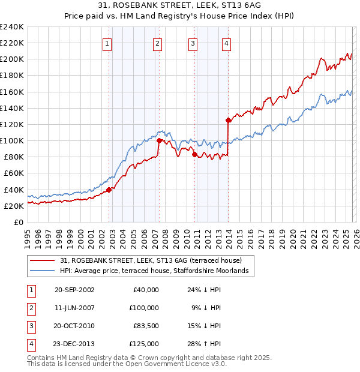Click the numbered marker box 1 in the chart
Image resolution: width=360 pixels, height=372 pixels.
(x=107, y=43)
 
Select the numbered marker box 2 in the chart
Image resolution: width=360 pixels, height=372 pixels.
(x=157, y=43)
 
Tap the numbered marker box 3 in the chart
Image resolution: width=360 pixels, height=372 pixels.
(x=193, y=43)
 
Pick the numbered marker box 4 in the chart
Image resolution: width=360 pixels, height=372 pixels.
(x=226, y=43)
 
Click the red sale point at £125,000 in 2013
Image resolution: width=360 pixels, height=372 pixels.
(x=228, y=120)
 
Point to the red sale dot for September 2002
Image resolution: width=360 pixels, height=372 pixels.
(x=109, y=190)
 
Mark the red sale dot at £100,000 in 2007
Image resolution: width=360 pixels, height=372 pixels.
(x=159, y=140)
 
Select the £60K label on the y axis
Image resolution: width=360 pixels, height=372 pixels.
(x=14, y=173)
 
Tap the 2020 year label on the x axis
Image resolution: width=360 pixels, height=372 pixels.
(x=292, y=237)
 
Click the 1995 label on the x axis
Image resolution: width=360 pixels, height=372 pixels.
(x=27, y=237)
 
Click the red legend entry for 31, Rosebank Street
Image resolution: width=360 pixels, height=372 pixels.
(x=150, y=260)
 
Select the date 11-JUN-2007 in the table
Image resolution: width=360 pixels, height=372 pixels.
(x=74, y=308)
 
